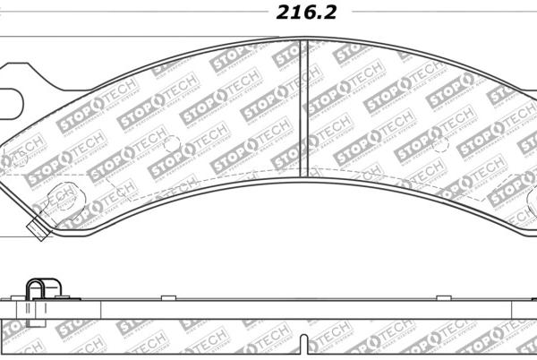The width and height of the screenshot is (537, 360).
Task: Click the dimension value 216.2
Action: click(x=307, y=12)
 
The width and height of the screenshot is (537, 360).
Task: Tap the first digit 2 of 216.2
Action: click(x=281, y=12)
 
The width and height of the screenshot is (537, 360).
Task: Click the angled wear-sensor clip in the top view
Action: click(x=38, y=227)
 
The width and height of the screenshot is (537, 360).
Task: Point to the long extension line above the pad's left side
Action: click(x=134, y=38)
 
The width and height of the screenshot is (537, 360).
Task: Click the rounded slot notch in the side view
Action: click(x=307, y=343)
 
